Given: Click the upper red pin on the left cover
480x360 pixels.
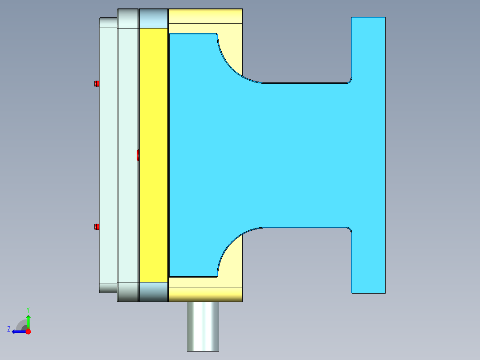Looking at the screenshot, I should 97,83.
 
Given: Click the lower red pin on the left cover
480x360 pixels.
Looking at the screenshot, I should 97,227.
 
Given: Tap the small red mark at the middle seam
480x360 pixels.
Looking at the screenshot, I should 138,155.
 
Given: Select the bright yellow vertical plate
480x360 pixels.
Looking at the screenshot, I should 154,155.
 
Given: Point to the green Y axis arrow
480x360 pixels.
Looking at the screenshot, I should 28,321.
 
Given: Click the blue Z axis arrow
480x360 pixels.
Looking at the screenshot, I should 18,331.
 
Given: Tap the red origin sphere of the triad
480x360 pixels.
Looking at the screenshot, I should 28,331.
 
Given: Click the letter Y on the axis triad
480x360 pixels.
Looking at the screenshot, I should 28,309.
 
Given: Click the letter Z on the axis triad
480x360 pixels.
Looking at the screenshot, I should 9,329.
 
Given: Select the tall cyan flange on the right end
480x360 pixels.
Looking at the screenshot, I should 368,155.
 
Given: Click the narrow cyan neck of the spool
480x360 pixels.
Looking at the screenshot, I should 303,155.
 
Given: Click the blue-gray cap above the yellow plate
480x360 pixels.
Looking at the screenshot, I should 154,18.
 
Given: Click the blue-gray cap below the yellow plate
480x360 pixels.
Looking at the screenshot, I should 154,292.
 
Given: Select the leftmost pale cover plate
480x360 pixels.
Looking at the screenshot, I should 108,155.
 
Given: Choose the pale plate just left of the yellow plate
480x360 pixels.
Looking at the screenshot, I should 128,155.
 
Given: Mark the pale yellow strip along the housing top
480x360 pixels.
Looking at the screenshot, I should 205,16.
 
